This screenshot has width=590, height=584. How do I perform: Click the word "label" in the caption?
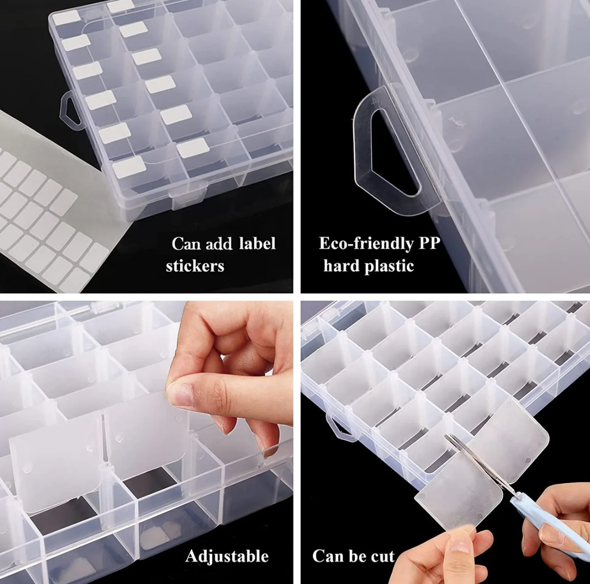257,243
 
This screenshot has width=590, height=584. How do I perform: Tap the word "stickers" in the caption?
195,266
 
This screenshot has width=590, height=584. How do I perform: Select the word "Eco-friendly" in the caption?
366,243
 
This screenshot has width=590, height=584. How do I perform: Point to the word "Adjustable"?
227,556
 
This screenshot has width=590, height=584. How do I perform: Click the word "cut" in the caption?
382,556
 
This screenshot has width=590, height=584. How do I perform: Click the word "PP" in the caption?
429,243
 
